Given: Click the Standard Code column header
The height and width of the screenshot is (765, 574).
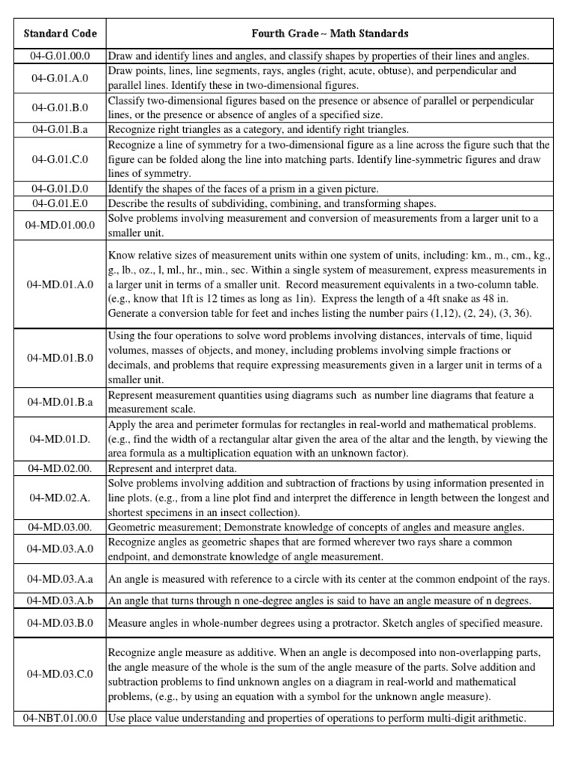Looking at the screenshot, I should click(61, 34).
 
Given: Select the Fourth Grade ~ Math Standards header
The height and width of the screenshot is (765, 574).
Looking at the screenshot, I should click(330, 34).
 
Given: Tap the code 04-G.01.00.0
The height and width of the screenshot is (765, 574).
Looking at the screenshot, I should click(61, 56).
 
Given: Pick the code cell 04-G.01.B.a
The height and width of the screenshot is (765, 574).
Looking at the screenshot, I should click(61, 128).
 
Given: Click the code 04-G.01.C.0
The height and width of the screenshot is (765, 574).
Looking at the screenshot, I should click(61, 159).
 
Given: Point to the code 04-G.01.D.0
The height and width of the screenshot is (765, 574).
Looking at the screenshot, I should click(61, 189).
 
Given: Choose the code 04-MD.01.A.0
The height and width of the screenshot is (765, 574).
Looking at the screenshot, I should click(61, 285).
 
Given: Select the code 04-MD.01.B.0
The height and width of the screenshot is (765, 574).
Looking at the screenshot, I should click(61, 358).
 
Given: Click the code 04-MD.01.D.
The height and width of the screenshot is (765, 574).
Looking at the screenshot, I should click(61, 439).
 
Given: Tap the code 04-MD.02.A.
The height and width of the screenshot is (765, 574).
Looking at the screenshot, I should click(61, 498).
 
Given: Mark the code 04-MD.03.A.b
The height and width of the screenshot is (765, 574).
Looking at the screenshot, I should click(61, 601).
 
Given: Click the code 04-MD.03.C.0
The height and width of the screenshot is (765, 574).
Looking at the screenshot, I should click(61, 674).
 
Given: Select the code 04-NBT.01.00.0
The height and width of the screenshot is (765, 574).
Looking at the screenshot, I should click(61, 719).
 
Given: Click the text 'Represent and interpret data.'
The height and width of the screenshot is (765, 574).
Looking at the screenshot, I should click(173, 468).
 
